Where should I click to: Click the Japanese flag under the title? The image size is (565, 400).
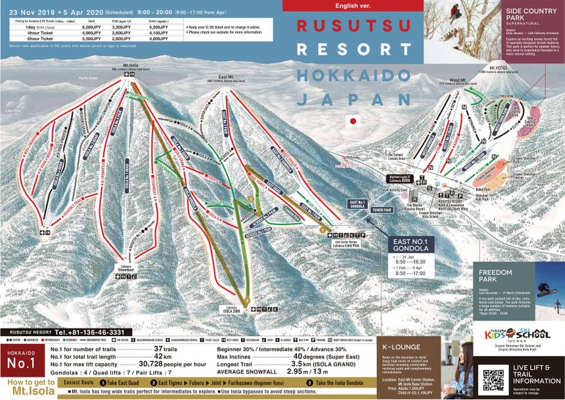(353, 121)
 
